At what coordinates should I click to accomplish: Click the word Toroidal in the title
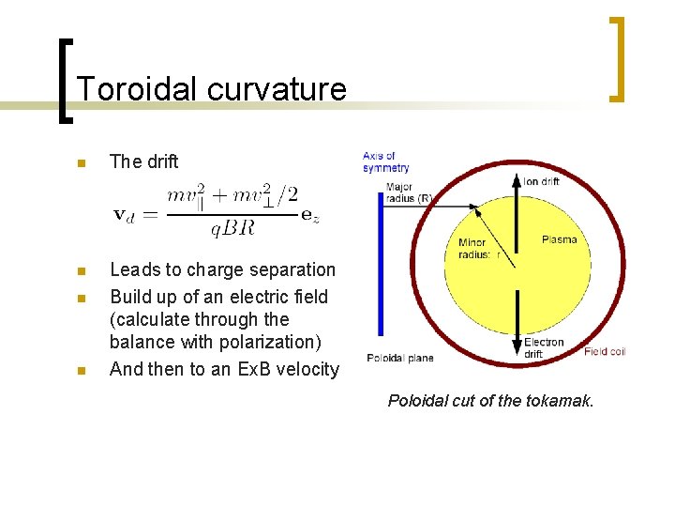click(137, 89)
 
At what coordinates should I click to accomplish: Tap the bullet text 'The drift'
click(143, 161)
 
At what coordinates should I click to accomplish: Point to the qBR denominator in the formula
click(232, 226)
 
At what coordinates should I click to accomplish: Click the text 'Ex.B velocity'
click(285, 369)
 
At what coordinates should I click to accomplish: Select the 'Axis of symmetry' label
click(385, 161)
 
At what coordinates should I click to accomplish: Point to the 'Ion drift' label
click(542, 181)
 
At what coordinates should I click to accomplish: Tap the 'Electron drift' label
click(544, 347)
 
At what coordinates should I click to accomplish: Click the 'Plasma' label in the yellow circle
click(560, 240)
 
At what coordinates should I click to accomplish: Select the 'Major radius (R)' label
click(406, 192)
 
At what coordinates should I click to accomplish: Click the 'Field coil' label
click(604, 351)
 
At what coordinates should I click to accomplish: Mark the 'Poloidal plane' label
click(399, 358)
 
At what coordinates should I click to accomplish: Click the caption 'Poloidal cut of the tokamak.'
click(490, 401)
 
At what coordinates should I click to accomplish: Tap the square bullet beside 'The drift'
click(81, 162)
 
